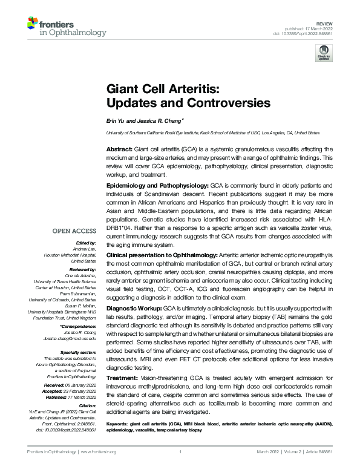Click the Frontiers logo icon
33,24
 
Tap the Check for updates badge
322,54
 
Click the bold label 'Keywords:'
119,424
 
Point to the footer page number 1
180,452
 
